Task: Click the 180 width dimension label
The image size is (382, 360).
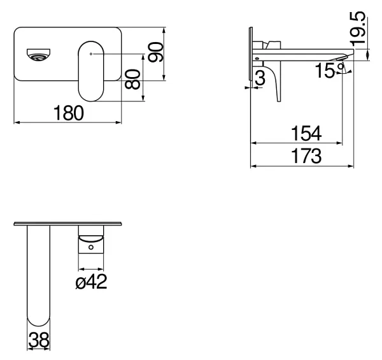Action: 69,113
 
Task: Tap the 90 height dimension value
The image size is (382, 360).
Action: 155,52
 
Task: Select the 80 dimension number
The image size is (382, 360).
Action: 132,79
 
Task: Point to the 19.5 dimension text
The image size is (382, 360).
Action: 358,29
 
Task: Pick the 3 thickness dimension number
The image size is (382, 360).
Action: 260,78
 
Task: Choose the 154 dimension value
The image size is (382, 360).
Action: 306,133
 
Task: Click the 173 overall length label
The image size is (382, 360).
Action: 306,156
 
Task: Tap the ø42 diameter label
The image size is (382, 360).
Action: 91,282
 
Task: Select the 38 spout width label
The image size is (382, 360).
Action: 39,340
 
